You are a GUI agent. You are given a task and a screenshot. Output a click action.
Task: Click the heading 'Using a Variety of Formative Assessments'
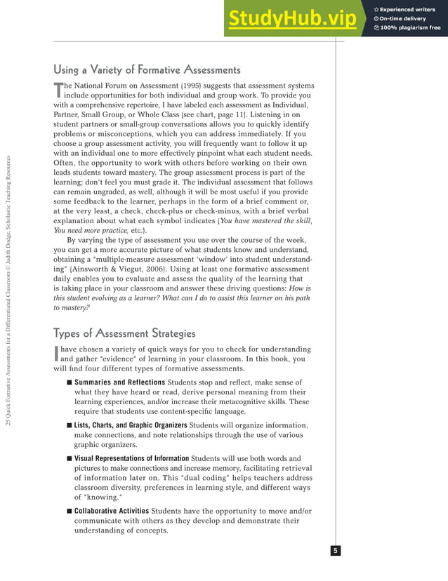tap(147, 69)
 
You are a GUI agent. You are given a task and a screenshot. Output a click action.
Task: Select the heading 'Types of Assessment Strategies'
tap(124, 333)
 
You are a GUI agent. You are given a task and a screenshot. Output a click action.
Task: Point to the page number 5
tap(336, 551)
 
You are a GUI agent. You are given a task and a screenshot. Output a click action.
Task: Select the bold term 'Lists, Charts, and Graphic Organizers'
tap(131, 425)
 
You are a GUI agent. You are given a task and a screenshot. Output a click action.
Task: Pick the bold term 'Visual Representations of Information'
tap(132, 459)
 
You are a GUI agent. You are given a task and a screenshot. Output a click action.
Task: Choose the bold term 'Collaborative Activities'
tap(111, 511)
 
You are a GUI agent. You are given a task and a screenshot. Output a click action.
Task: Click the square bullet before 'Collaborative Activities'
tap(69, 511)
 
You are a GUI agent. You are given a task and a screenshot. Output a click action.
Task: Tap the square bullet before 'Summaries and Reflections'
tap(69, 382)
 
